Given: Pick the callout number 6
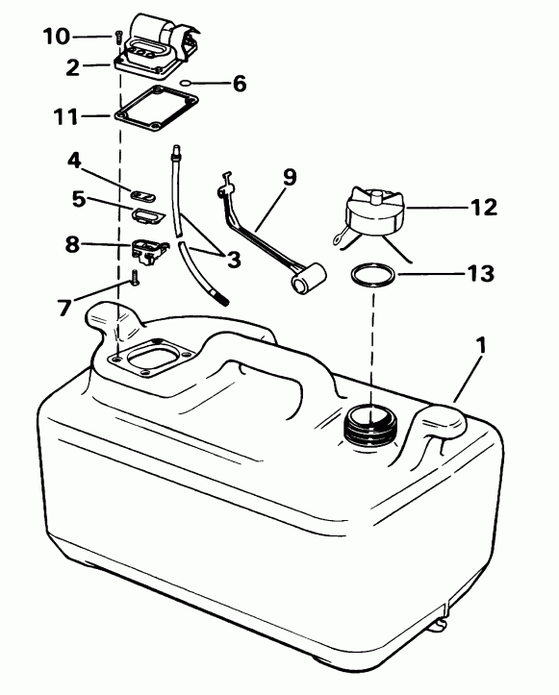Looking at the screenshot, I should pos(238,83).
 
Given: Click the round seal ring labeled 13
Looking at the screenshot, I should pos(371,276).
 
